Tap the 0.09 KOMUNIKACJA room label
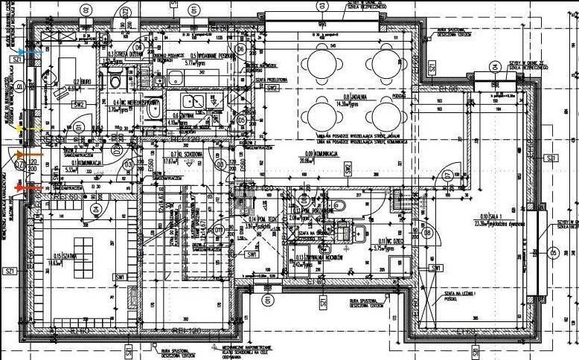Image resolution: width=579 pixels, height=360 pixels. (x=317, y=152)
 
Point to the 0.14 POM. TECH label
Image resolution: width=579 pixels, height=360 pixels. (x=260, y=219)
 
